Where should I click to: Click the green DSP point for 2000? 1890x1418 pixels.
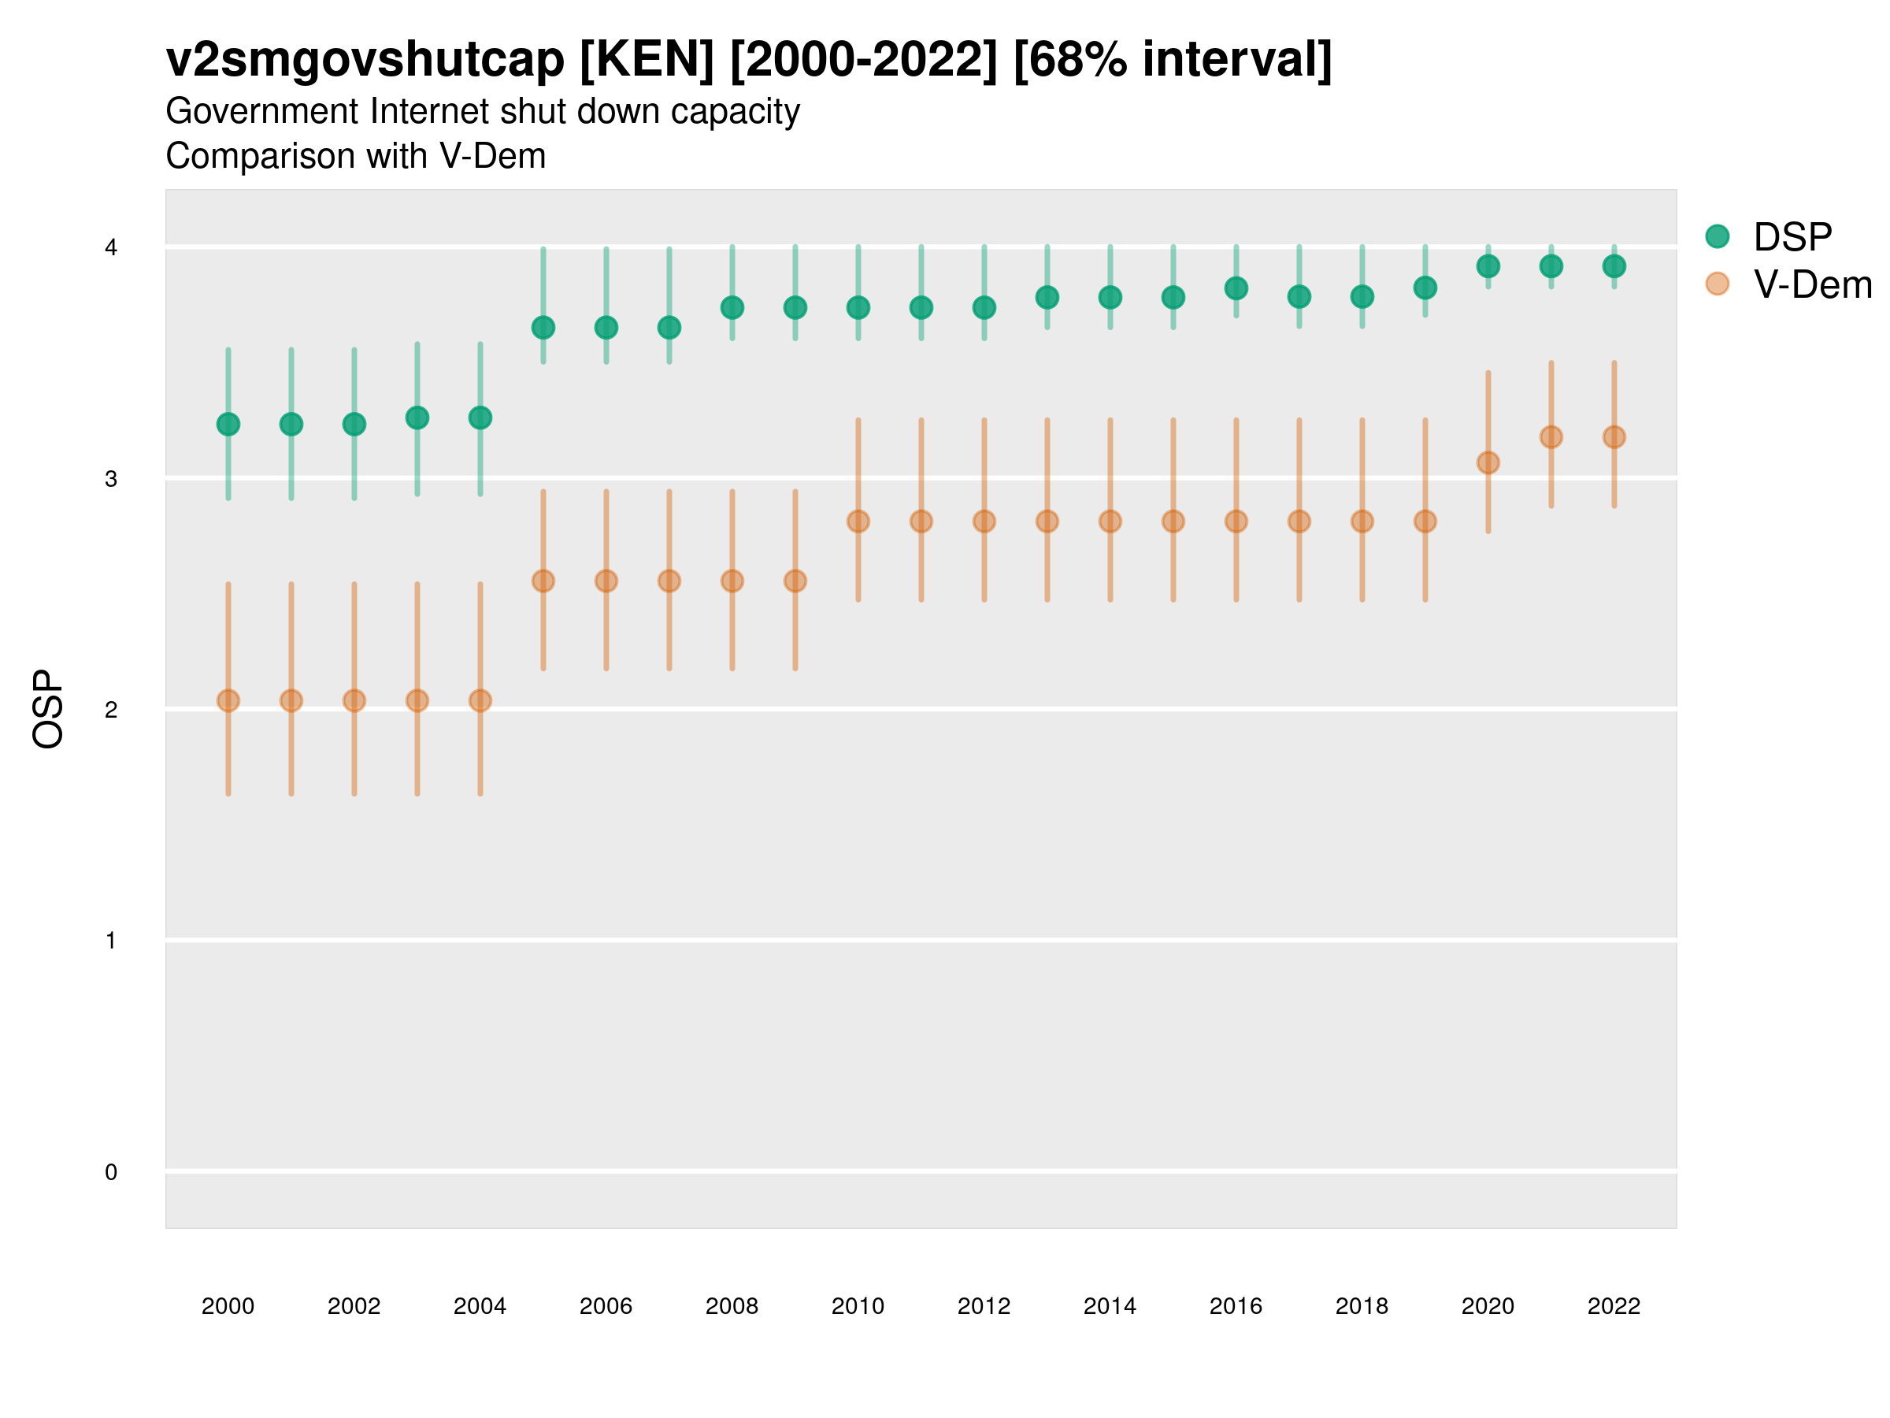click(x=228, y=424)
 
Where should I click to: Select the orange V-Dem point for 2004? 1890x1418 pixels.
click(x=480, y=701)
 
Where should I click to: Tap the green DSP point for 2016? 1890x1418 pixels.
click(x=1236, y=288)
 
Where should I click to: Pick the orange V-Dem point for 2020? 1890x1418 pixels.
click(x=1488, y=462)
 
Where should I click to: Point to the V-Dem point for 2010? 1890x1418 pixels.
click(x=858, y=522)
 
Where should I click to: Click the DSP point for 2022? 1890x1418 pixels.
click(x=1614, y=265)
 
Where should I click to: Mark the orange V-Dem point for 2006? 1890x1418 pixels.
click(x=606, y=581)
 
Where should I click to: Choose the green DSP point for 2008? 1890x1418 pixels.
click(x=732, y=308)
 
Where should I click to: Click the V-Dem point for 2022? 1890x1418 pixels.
click(x=1614, y=436)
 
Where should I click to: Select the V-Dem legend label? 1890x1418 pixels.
click(x=1812, y=284)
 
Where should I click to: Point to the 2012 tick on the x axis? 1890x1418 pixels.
click(x=984, y=1306)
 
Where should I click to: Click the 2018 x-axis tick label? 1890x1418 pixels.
click(x=1361, y=1306)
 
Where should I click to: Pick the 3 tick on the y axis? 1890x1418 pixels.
click(x=111, y=479)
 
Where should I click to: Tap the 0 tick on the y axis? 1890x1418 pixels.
click(x=111, y=1172)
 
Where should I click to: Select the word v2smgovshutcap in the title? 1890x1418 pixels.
click(x=365, y=60)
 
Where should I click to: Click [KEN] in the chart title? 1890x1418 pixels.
click(x=647, y=60)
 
